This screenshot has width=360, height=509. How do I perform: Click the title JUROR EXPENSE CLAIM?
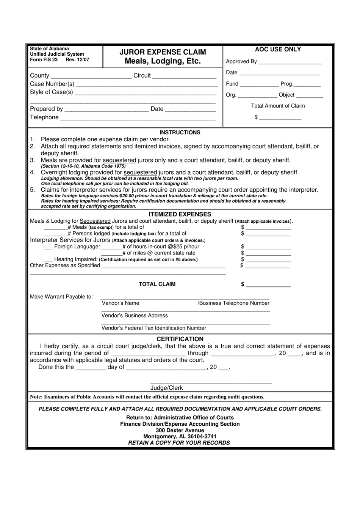[163, 52]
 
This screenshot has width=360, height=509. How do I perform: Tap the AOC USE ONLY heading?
[278, 49]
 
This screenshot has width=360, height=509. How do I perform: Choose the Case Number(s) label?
[52, 84]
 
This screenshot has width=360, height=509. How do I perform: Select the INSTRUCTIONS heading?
[180, 133]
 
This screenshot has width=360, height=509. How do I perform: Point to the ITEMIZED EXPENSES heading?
[180, 214]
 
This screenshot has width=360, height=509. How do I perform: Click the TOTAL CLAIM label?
[157, 284]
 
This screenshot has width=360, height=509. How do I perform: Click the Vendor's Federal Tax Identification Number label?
[154, 328]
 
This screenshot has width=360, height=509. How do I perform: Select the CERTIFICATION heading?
[180, 339]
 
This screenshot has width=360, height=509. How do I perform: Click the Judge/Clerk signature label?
[166, 388]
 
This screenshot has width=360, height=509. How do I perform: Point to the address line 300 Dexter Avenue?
[180, 430]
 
